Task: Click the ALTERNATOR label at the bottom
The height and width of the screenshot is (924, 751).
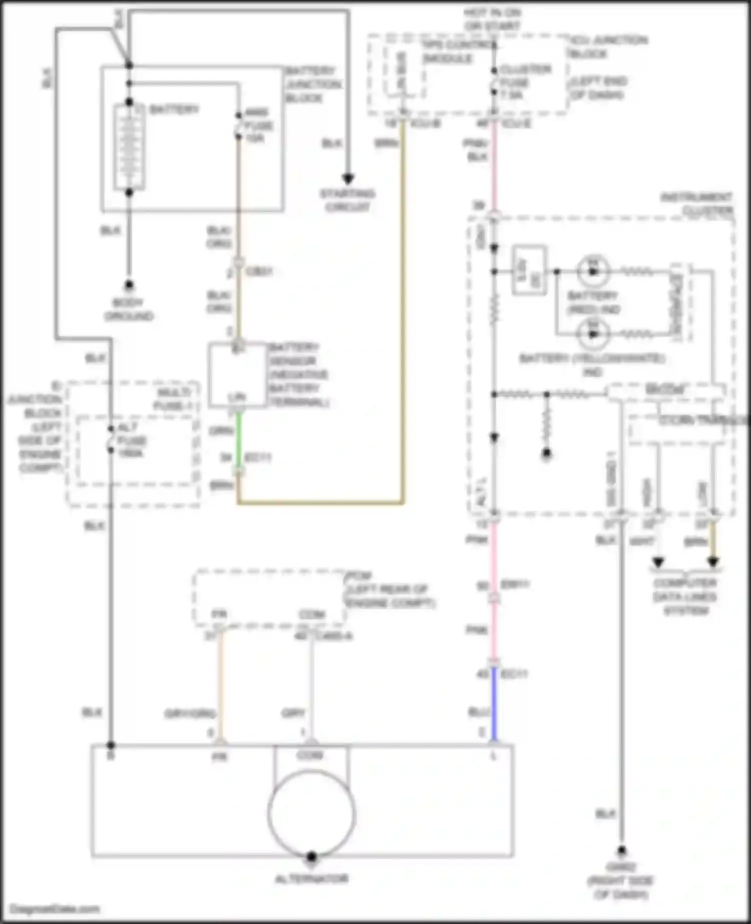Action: (311, 879)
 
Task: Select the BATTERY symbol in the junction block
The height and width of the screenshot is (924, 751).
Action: (129, 147)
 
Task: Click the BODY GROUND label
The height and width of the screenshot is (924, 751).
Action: (129, 309)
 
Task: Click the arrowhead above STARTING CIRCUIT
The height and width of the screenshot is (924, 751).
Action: (348, 179)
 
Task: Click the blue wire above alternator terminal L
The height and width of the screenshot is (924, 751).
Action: (494, 706)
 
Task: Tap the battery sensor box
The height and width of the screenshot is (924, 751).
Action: (237, 374)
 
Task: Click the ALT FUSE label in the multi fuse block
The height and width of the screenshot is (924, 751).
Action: (131, 440)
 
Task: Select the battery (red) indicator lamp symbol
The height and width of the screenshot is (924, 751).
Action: (593, 271)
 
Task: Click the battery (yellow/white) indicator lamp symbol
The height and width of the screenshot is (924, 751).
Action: (593, 334)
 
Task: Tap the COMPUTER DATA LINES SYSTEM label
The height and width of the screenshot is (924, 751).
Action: (685, 597)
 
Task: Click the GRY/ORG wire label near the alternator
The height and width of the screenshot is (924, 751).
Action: (190, 713)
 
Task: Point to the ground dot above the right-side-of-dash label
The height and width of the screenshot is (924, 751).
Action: (621, 850)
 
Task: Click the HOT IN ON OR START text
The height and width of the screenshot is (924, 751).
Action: (492, 19)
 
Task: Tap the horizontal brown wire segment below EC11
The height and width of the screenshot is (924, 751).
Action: (320, 502)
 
